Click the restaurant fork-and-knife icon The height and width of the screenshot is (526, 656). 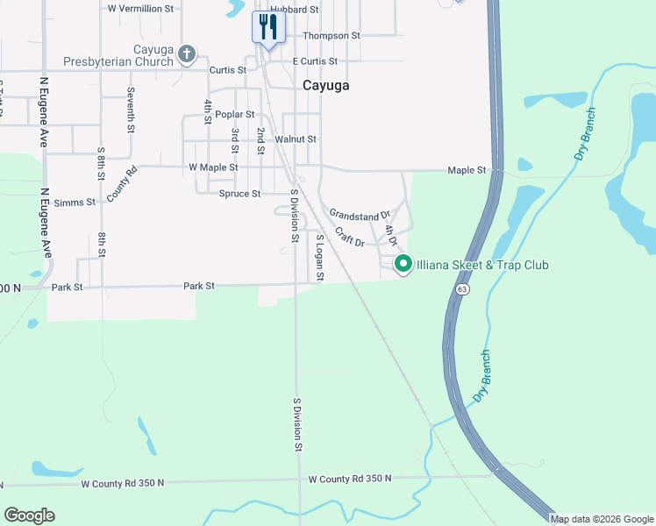coord(267,26)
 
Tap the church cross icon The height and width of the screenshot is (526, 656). coord(186,54)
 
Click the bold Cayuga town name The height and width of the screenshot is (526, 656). coord(325,85)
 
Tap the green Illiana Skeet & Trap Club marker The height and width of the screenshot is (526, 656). coord(403,263)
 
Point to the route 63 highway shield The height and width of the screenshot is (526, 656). coord(462,288)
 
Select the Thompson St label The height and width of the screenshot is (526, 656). coord(331,36)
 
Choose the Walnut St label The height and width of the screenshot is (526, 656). coord(295,139)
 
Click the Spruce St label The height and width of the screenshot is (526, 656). coord(239,194)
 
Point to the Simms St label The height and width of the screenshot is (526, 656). coord(75,203)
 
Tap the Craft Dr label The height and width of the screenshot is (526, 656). coord(349,238)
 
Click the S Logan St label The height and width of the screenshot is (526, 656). coord(320,258)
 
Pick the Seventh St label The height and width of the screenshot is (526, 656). coord(130,110)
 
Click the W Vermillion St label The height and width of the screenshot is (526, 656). coord(142,8)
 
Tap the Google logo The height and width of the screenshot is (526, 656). coord(29,515)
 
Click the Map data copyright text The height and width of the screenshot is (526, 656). coord(602,519)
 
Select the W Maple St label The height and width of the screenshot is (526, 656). coord(213,167)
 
